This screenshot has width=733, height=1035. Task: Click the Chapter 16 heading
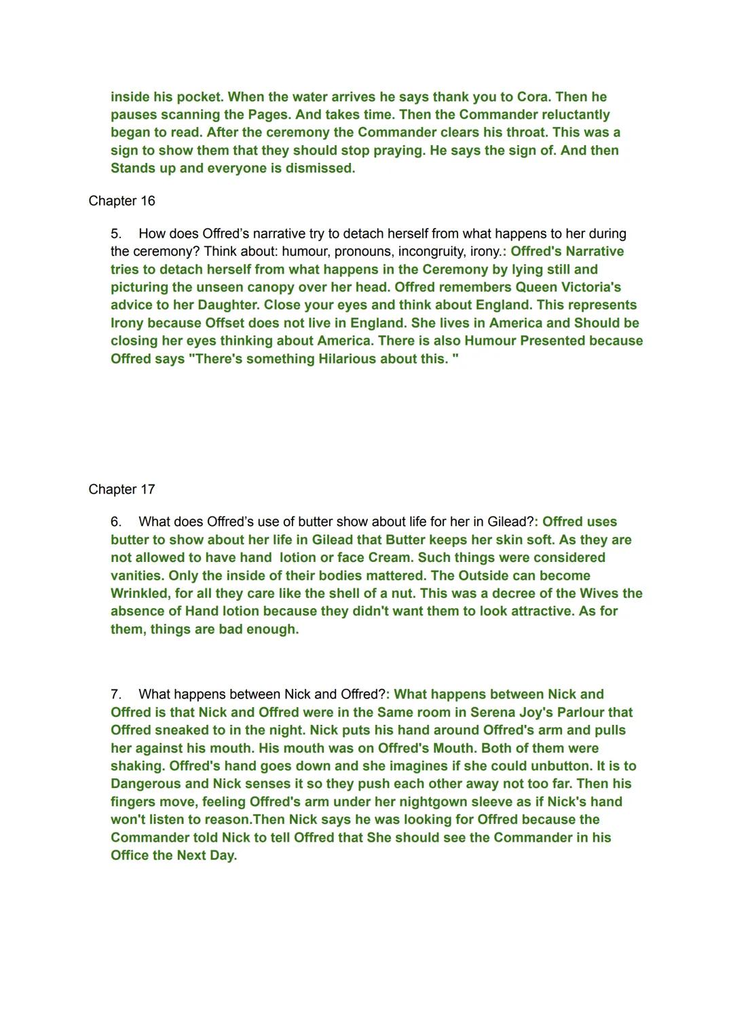121,201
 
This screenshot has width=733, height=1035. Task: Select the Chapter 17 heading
121,489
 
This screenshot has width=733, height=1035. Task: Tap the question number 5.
116,233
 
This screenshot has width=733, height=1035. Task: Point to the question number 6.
116,522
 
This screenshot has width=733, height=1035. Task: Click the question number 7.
116,694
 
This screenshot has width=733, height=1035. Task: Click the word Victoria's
587,287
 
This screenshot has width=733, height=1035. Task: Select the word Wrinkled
143,593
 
